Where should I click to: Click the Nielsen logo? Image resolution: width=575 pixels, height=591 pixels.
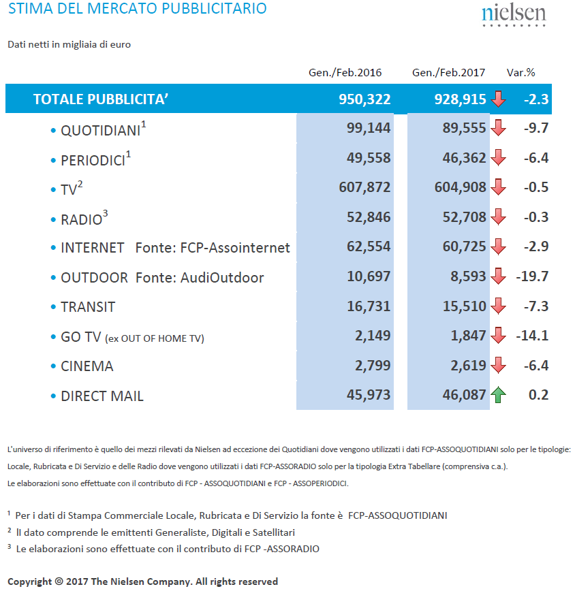click(x=514, y=16)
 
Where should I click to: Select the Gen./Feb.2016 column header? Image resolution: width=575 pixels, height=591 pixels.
click(x=345, y=72)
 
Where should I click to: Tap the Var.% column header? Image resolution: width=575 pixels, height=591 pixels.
click(x=520, y=72)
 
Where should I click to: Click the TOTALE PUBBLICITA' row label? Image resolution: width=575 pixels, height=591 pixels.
click(x=101, y=99)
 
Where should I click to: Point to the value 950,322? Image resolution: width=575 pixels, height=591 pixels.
click(x=364, y=99)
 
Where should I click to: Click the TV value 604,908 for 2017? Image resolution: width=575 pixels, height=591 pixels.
click(x=460, y=187)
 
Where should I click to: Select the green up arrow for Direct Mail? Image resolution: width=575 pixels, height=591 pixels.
click(x=498, y=395)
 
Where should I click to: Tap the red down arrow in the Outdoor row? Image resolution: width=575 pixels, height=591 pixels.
click(x=498, y=276)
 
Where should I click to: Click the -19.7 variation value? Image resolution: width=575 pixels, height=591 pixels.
click(x=532, y=276)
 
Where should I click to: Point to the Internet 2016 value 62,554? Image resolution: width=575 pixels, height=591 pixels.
click(x=369, y=246)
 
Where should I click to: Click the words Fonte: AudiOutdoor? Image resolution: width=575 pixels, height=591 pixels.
click(x=200, y=277)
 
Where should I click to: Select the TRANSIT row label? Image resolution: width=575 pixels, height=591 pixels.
click(x=88, y=307)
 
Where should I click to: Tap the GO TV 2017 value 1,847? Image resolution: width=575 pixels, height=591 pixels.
click(x=468, y=336)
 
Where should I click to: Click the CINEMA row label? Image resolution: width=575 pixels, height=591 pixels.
click(x=87, y=366)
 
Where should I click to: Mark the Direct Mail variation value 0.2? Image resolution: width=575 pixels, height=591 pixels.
click(x=538, y=395)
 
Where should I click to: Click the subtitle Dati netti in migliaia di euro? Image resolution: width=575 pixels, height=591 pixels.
click(x=69, y=44)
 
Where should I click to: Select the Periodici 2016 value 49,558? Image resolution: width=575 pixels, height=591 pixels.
click(x=369, y=158)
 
